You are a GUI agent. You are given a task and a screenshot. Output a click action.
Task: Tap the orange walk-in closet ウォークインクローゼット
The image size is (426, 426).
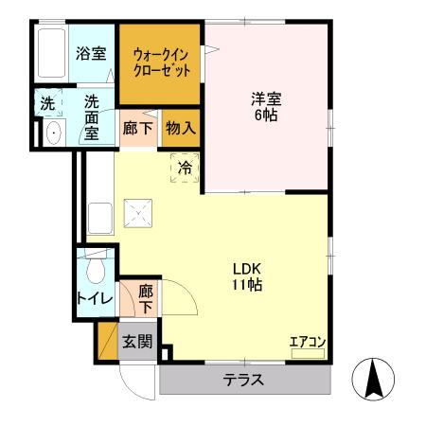point(160,62)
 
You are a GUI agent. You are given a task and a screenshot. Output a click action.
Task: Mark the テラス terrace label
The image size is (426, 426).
point(243,381)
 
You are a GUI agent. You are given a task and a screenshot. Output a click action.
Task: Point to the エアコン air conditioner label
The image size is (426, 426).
point(308,342)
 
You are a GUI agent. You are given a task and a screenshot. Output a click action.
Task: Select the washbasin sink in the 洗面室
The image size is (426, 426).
point(51,133)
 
